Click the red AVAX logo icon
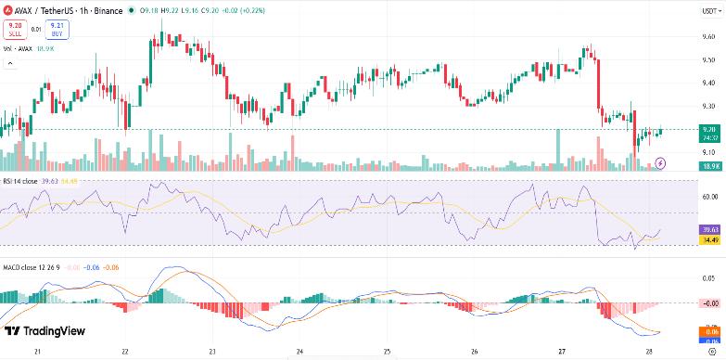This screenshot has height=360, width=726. [8, 11]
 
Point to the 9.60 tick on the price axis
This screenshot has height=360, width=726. [708, 36]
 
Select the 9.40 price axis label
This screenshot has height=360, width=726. [708, 82]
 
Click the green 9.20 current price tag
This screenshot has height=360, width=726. [709, 130]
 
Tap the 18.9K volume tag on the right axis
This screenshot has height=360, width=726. [710, 166]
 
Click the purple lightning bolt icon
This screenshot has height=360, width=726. [660, 163]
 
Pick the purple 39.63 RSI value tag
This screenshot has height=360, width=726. [709, 228]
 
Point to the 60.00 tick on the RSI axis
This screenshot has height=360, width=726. [709, 197]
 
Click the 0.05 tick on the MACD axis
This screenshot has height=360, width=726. [709, 277]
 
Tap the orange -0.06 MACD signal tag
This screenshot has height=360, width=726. [709, 330]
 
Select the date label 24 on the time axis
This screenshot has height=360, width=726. [299, 353]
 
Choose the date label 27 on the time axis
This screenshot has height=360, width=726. [562, 353]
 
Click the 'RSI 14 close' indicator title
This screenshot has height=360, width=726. [19, 181]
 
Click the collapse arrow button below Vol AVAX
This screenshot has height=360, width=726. [10, 64]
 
